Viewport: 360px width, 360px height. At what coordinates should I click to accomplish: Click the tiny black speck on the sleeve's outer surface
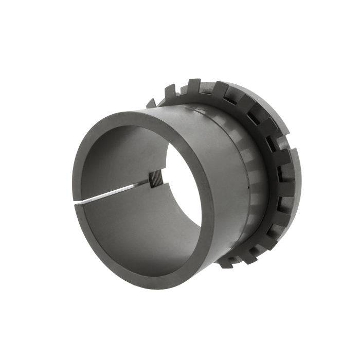(247, 188)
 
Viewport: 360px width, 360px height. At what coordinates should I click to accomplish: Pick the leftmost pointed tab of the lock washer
(151, 103)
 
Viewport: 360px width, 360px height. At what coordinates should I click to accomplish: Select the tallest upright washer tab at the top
(194, 85)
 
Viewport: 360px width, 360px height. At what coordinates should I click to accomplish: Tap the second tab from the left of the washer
(170, 93)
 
